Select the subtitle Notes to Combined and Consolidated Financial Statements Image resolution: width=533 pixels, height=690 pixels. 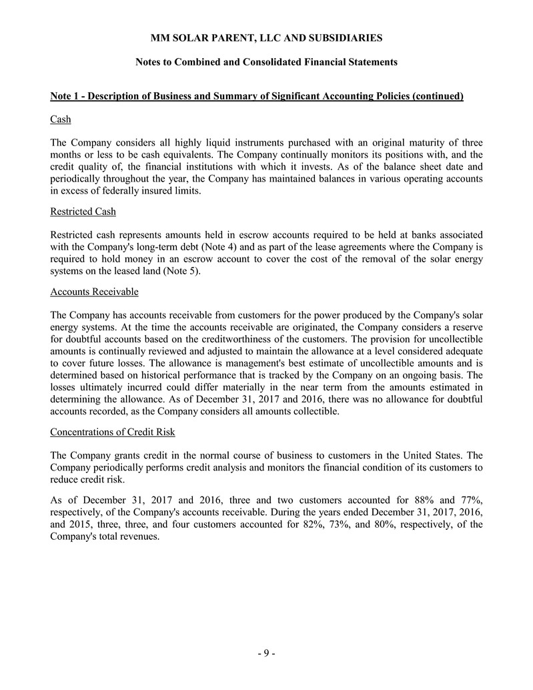tap(266, 62)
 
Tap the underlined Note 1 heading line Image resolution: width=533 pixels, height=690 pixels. tap(257, 97)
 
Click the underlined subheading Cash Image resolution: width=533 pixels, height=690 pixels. tap(61, 119)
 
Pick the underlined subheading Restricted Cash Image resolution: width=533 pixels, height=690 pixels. tap(83, 212)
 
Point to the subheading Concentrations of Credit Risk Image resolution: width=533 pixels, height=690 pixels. tap(113, 432)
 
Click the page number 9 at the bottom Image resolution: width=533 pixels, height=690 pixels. tap(266, 653)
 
